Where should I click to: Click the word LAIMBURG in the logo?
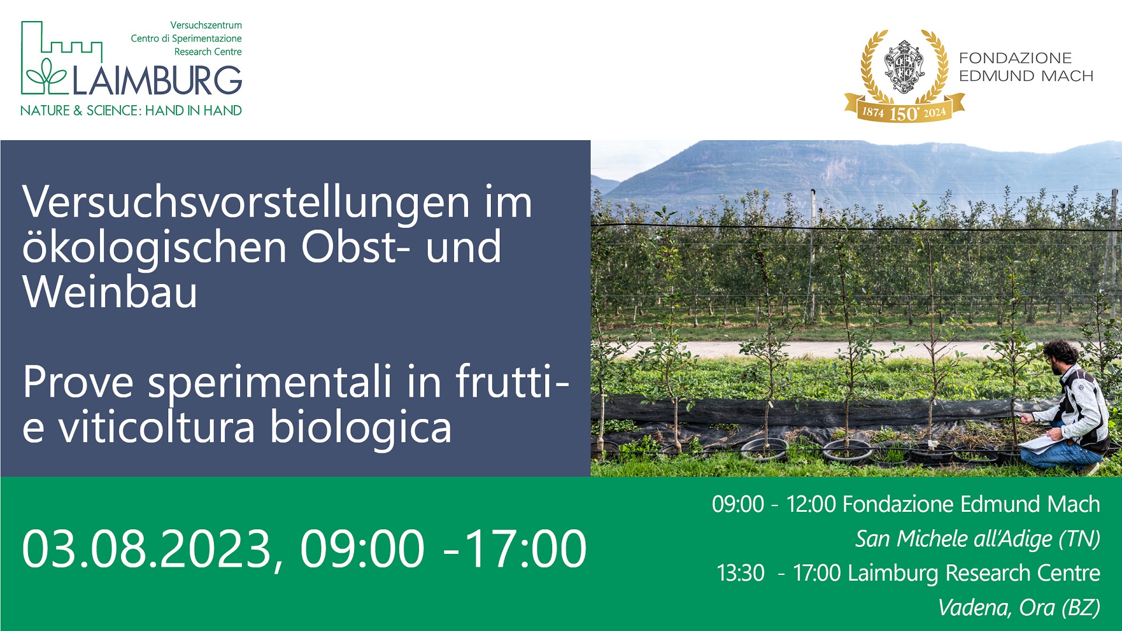(x=157, y=81)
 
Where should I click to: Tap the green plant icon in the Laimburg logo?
(x=47, y=76)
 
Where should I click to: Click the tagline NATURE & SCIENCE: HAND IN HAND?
(x=131, y=110)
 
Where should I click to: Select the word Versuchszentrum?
(x=206, y=25)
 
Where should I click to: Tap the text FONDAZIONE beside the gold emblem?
(x=1015, y=58)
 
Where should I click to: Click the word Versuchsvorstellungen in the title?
(x=246, y=202)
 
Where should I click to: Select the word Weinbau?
(x=110, y=292)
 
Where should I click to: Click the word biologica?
(x=361, y=428)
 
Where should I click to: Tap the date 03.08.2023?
(x=147, y=549)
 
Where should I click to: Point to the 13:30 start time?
(x=740, y=573)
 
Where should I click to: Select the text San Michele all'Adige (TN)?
(x=978, y=539)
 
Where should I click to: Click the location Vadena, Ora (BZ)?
(x=1019, y=608)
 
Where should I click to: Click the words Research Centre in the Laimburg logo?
(x=208, y=51)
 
